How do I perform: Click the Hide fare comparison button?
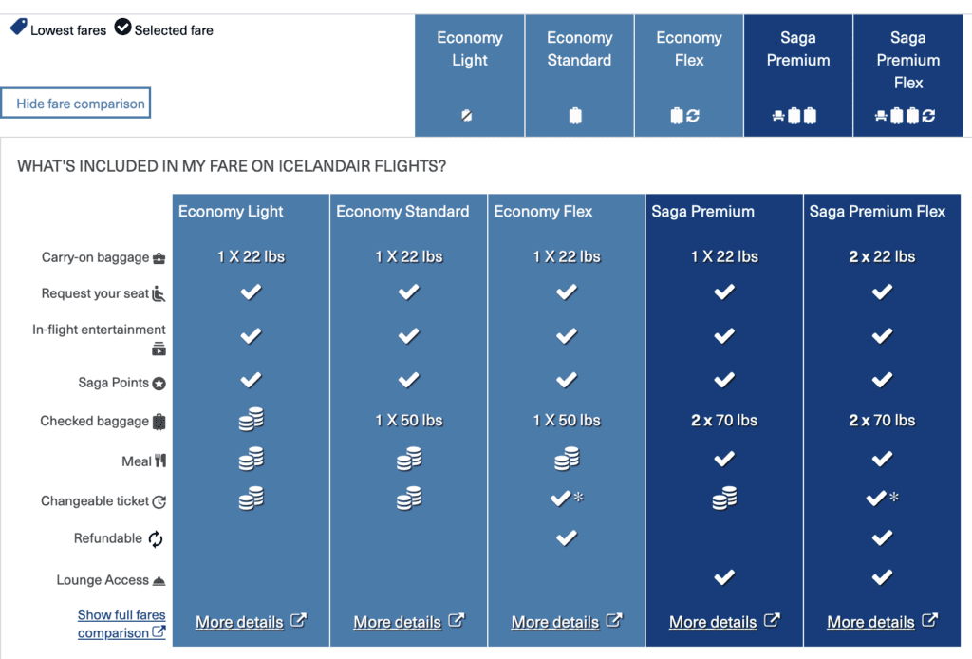point(77,104)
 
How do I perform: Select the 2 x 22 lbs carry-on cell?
point(882,256)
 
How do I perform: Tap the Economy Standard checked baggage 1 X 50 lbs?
point(409,420)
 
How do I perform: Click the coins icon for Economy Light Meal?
point(251,461)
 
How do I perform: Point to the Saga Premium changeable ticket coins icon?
point(724,499)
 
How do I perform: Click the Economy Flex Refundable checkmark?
point(567,537)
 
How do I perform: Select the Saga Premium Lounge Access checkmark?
point(724,577)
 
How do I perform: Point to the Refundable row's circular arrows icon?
point(156,539)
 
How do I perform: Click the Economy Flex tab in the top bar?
point(689,76)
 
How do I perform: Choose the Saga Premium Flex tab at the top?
point(908,76)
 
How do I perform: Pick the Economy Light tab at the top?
point(469,76)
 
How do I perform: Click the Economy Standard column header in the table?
point(402,212)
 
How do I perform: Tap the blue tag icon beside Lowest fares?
point(18,28)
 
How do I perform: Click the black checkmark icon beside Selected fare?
point(122,28)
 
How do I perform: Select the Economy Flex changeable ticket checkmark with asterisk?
point(566,499)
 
